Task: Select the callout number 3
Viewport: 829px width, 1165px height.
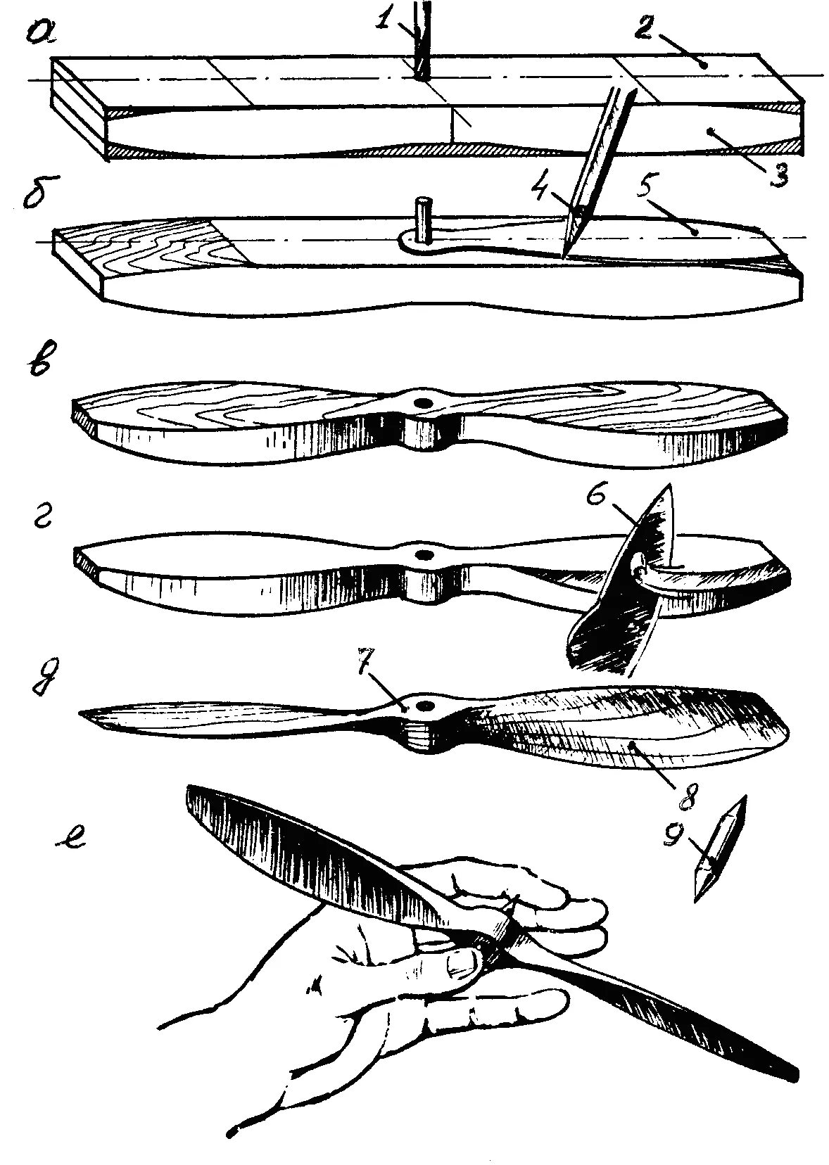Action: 777,173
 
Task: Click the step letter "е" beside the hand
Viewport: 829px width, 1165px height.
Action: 70,839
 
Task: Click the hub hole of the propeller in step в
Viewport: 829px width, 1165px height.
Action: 424,402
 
